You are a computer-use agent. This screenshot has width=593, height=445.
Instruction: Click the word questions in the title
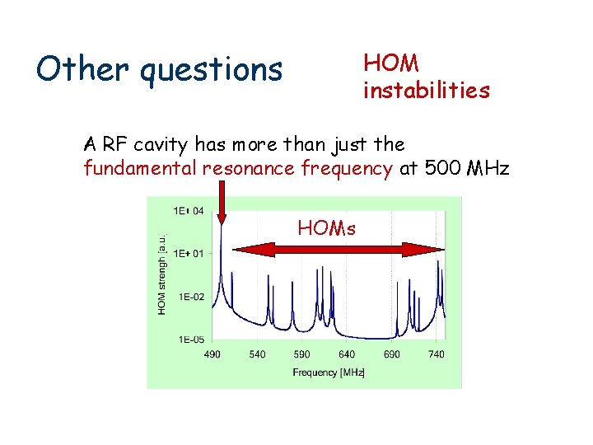click(212, 71)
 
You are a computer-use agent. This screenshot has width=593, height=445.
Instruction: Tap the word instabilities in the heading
click(427, 90)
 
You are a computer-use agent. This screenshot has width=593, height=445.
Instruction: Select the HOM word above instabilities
click(391, 63)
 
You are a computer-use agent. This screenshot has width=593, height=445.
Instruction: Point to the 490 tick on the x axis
click(212, 354)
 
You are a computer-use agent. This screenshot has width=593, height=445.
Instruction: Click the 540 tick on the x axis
click(258, 354)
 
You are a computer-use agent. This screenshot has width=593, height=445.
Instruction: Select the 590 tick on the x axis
click(302, 354)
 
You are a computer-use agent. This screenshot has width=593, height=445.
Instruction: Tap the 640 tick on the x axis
click(347, 354)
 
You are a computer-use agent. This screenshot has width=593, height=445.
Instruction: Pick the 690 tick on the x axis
click(392, 354)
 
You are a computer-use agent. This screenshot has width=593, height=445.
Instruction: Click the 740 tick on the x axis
click(437, 354)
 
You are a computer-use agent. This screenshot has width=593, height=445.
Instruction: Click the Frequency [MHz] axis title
click(328, 372)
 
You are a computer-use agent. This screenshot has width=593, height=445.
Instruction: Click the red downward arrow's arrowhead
click(222, 216)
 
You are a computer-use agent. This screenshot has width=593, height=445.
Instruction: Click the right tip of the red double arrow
click(437, 246)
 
